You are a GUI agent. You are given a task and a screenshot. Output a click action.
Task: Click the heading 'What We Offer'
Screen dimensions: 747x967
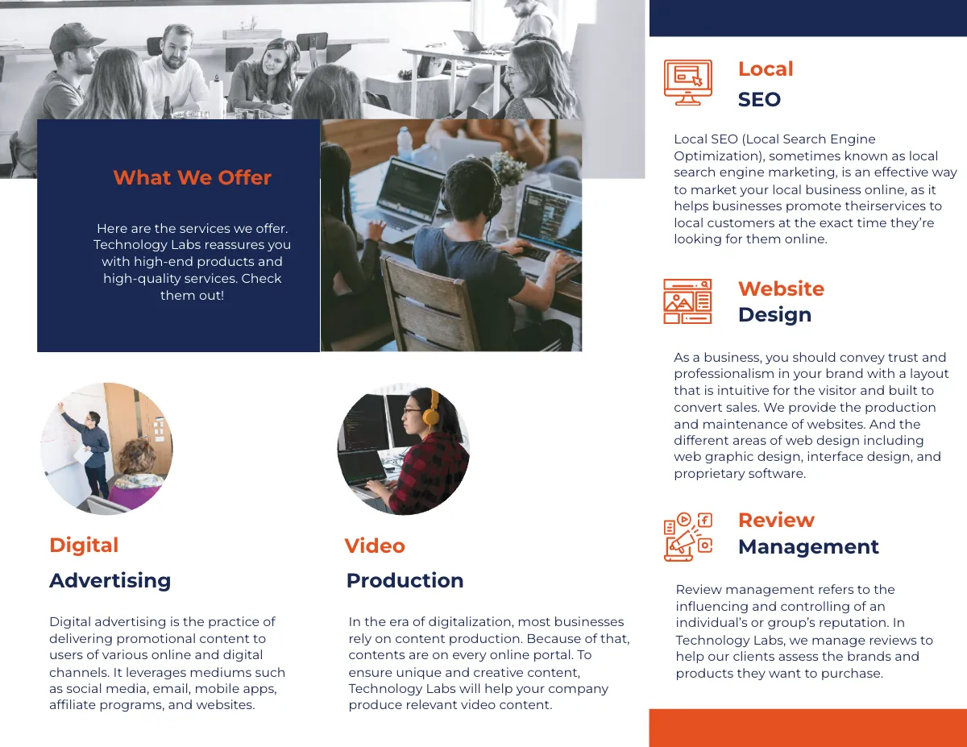(192, 178)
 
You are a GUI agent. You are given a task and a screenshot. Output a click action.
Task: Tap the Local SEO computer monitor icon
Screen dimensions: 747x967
(687, 82)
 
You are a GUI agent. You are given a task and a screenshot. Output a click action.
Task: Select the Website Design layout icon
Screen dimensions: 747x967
(687, 301)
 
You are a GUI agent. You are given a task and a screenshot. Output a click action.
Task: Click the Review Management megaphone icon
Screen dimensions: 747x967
(687, 536)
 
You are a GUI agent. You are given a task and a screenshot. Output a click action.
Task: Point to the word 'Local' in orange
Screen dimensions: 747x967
(766, 69)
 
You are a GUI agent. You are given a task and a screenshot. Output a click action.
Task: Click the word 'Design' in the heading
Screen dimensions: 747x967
(774, 314)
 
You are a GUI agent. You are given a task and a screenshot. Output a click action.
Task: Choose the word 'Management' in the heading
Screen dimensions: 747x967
(808, 546)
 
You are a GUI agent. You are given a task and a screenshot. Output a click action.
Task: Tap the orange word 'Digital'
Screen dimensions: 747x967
(84, 546)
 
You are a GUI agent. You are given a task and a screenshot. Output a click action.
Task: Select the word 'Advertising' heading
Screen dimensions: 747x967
(110, 580)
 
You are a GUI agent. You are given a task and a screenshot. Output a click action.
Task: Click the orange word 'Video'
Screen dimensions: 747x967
(375, 546)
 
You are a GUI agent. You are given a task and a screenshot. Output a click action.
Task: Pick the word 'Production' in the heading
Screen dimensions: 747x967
(405, 580)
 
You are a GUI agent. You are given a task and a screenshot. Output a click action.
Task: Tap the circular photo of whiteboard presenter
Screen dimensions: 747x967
(106, 449)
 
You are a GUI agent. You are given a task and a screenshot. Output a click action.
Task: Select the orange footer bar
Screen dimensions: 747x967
(807, 728)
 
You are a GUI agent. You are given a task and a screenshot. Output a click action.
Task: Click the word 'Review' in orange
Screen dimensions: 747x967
(776, 521)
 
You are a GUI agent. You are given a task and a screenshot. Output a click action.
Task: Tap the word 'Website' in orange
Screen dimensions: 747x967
(781, 288)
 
